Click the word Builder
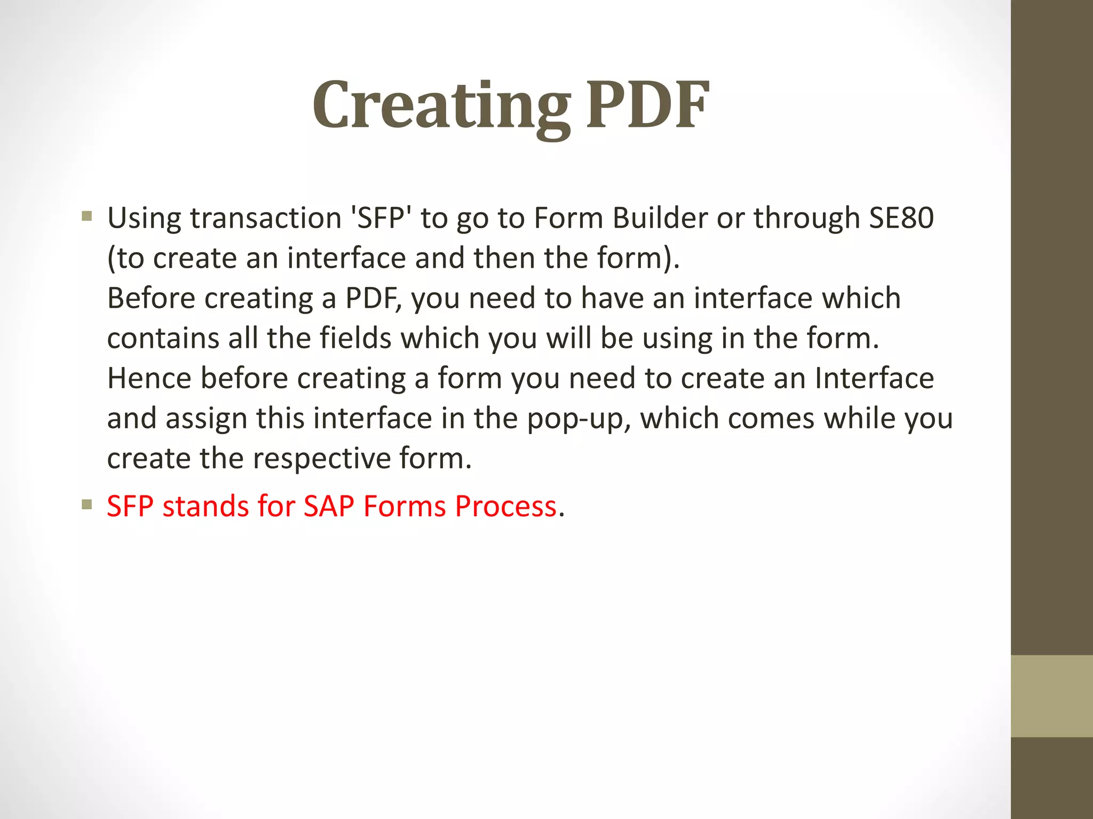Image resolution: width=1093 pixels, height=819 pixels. [x=660, y=218]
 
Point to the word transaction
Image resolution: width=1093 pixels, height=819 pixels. [x=265, y=218]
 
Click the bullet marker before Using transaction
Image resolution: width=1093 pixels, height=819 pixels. [x=87, y=216]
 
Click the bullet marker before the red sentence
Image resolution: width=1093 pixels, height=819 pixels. [x=87, y=504]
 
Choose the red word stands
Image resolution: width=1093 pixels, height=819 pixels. [x=205, y=506]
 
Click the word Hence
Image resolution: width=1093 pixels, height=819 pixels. [x=149, y=378]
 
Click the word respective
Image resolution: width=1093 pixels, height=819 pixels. [x=322, y=458]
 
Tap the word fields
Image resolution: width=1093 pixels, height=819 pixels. [x=355, y=338]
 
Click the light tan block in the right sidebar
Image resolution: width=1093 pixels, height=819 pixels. [x=1051, y=696]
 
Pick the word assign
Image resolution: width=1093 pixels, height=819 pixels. [x=206, y=419]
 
